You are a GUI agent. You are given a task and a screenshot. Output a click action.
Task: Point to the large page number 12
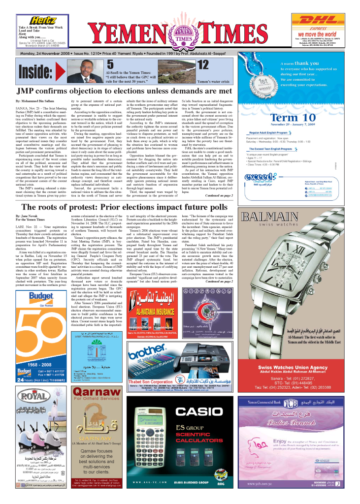point(202,64)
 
